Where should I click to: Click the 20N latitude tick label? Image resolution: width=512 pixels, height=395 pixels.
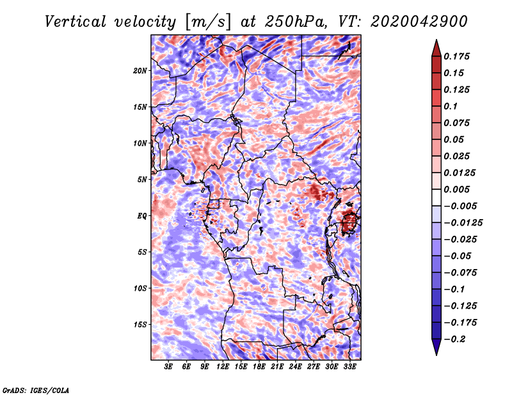pos(140,71)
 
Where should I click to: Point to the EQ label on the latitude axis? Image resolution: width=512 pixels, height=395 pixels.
pos(141,216)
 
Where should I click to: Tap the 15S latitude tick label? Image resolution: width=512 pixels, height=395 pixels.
pos(140,325)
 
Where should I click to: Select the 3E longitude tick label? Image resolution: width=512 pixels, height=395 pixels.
pos(168,366)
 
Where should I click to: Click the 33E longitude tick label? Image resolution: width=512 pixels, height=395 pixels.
pos(349,366)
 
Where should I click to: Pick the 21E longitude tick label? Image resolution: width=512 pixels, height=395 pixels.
pos(277,366)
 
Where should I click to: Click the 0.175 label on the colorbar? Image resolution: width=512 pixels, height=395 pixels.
pos(456,56)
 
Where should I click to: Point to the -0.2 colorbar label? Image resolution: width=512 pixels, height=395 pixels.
pos(454,339)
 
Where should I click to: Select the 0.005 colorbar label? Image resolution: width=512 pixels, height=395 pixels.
pos(456,189)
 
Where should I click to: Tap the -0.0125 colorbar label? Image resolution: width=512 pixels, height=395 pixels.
pos(463,223)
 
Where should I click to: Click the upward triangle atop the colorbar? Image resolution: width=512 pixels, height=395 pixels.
pos(436,48)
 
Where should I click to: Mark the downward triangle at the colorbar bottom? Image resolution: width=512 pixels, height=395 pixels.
pos(436,347)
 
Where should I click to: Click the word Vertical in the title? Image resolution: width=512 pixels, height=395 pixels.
pos(76,22)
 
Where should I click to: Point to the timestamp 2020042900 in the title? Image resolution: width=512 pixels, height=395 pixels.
pos(419,22)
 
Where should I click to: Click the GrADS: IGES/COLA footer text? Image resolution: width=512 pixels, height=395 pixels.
pos(36,390)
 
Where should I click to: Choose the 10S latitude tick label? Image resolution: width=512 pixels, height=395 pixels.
pos(140,288)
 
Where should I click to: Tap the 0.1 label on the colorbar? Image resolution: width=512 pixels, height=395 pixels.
pos(451,106)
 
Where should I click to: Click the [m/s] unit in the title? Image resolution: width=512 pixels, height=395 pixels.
pos(208,22)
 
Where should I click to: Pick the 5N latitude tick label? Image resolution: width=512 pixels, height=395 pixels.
pos(141,180)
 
